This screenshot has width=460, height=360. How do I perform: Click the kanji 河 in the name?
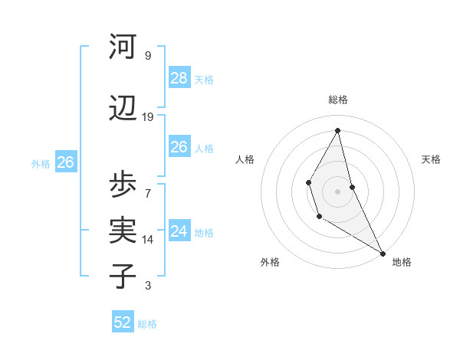point(123,47)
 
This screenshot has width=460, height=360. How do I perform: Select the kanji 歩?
point(123,185)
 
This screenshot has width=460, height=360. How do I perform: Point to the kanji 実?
point(123,231)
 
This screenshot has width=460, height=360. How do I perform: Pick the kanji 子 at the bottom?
point(123,277)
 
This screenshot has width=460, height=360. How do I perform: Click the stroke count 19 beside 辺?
point(148,117)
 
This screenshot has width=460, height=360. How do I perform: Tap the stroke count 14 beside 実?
point(148,240)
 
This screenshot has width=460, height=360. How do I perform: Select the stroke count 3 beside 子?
point(148,286)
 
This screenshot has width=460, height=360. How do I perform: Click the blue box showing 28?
point(179,78)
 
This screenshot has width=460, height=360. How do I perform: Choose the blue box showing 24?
point(179,231)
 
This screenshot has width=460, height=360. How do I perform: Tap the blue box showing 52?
point(123,322)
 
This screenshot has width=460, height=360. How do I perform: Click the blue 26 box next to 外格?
point(65,162)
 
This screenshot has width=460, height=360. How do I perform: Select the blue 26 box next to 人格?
point(179,147)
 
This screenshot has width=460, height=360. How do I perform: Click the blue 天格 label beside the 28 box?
point(204,79)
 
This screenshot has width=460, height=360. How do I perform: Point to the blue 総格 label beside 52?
point(147,324)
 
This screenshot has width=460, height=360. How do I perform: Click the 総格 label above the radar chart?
point(338,100)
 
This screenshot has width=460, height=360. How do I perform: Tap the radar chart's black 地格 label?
point(402,262)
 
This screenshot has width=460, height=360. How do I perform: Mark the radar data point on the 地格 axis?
point(383,254)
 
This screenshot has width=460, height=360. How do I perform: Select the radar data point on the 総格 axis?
point(338,130)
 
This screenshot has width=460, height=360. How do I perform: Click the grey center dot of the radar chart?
point(338,191)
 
